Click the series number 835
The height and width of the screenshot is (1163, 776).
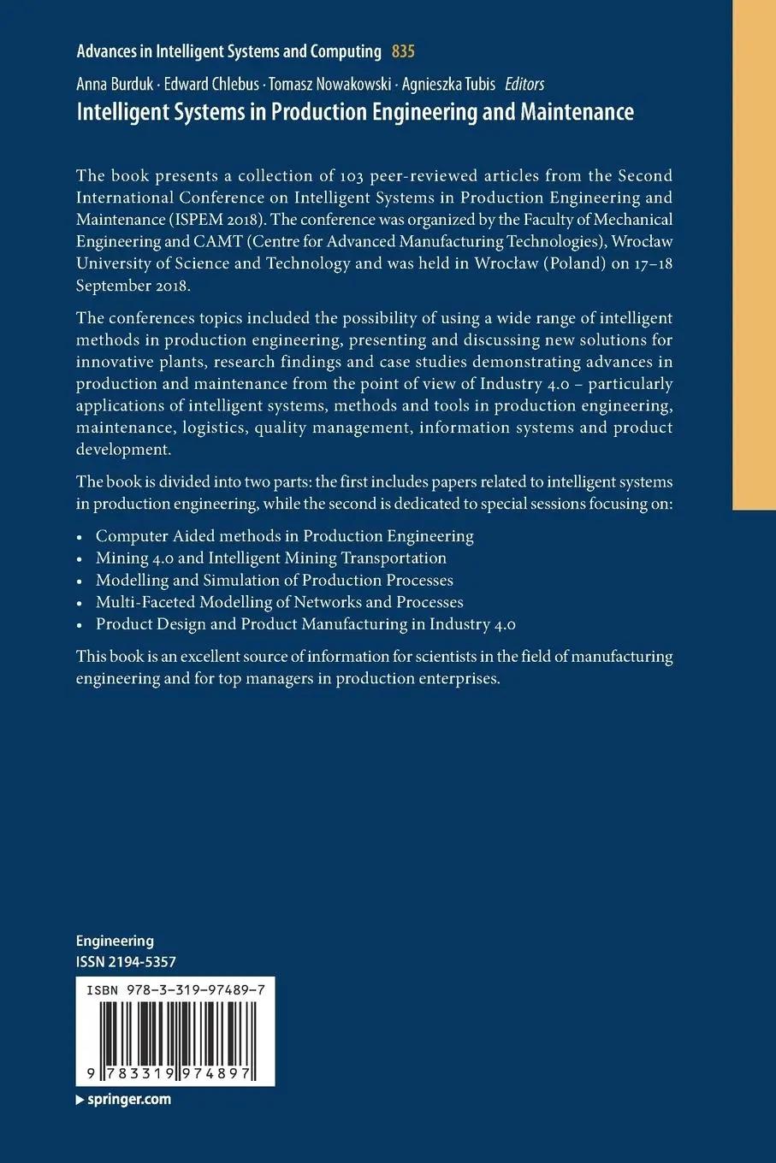403,51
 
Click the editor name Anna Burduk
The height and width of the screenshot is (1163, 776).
115,84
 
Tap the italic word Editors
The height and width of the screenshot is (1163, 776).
524,84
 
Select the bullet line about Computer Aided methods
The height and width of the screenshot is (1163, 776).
284,536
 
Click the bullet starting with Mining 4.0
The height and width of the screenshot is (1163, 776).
270,558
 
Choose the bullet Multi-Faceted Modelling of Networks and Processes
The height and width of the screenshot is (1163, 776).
279,602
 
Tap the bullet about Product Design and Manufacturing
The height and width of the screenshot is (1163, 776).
305,624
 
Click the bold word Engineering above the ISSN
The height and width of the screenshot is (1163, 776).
115,941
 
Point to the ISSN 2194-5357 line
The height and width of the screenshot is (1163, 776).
126,961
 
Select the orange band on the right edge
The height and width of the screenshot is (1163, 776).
754,257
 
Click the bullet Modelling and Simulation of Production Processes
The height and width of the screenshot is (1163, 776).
274,580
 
